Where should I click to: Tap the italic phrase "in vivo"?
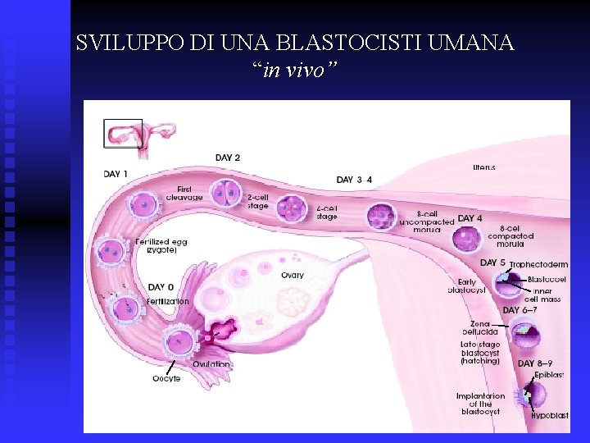pos(294,71)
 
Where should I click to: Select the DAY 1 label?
pos(116,173)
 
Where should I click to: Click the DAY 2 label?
pos(228,158)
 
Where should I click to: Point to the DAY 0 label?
pos(161,288)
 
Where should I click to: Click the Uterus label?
pos(483,167)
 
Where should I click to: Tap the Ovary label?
pos(293,276)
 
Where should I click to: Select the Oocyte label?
pos(166,378)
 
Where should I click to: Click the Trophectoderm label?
pos(538,265)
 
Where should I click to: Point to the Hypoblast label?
pos(549,416)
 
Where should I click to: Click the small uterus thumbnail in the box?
pos(123,133)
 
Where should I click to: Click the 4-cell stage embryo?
pos(292,211)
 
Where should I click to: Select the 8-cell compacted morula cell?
pos(467,239)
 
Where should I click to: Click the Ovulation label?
pos(211,364)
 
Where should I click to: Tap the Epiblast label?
pos(549,375)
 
